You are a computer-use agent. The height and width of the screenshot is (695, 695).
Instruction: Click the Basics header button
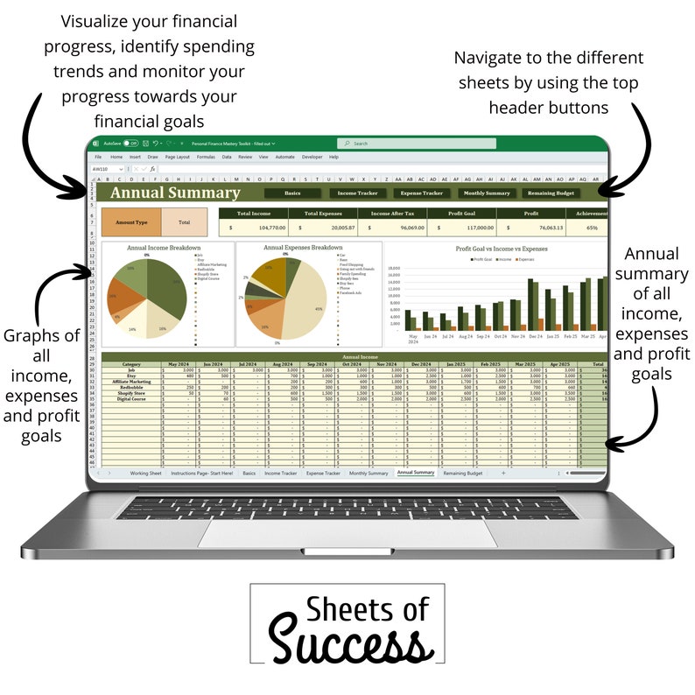(x=292, y=193)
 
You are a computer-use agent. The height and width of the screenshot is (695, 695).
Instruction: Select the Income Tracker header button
(x=358, y=193)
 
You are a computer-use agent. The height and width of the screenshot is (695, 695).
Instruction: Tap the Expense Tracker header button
(x=422, y=193)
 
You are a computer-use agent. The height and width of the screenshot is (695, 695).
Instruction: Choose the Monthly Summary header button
(x=487, y=193)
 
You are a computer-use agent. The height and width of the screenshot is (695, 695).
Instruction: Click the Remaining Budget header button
(x=551, y=193)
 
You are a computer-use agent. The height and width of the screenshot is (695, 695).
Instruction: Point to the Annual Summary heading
(x=175, y=193)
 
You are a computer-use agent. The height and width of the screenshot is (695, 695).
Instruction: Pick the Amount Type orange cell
(x=131, y=222)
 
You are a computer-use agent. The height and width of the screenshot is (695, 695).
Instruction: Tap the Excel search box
(x=416, y=144)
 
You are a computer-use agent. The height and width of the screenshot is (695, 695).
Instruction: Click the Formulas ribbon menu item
(x=206, y=157)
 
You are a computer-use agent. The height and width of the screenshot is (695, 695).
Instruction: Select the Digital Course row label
(x=131, y=399)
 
